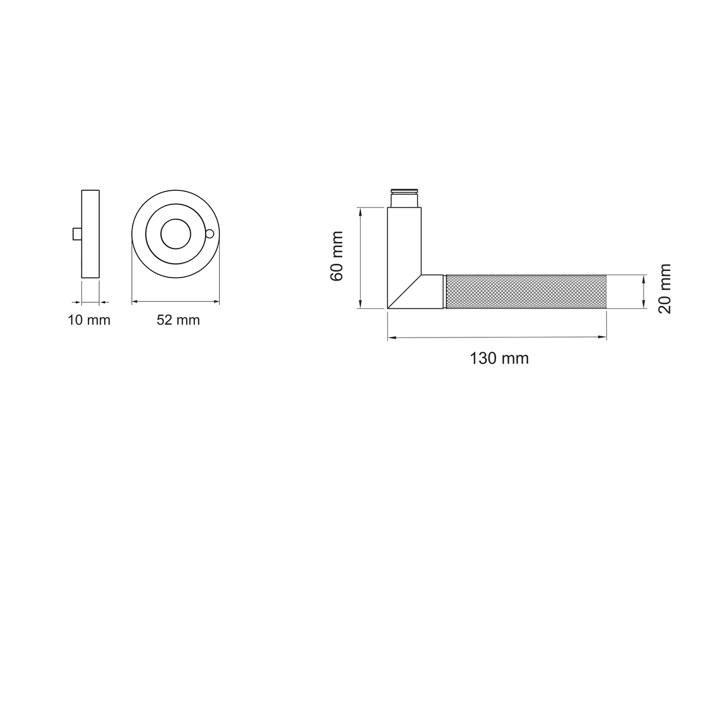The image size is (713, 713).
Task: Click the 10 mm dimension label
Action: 89,320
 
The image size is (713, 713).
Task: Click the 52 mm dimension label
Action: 178,320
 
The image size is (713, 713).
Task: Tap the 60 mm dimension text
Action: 337,256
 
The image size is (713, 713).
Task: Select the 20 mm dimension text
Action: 664,289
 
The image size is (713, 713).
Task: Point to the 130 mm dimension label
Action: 499,358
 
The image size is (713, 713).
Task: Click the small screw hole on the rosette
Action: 209,234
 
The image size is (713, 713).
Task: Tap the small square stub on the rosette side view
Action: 77,234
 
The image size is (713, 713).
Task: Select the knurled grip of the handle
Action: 526,292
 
